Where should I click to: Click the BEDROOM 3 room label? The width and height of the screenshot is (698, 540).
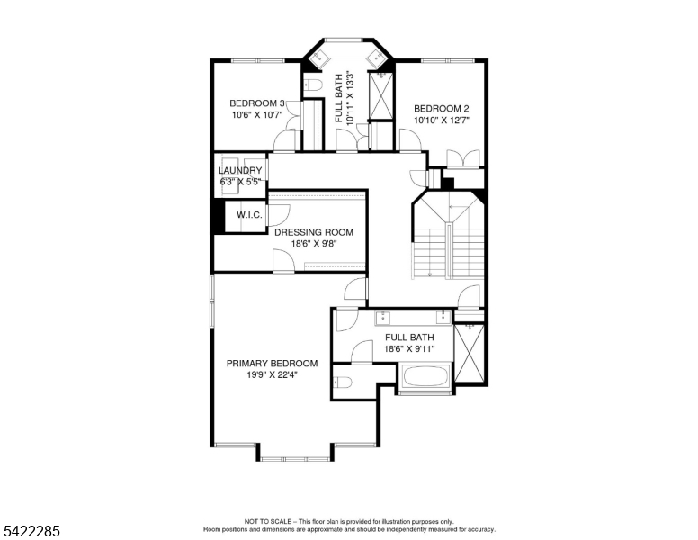click(x=257, y=103)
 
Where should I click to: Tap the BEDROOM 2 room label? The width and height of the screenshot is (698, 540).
click(x=442, y=108)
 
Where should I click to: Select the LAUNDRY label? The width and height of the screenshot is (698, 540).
click(x=240, y=170)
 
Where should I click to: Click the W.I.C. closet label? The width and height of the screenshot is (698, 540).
click(x=249, y=215)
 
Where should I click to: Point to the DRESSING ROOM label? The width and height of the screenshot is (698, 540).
click(x=314, y=232)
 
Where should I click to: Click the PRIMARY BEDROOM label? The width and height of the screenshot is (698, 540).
click(x=272, y=364)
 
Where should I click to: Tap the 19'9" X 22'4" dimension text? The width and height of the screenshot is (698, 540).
click(x=272, y=375)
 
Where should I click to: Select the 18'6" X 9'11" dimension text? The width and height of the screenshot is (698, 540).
click(x=409, y=349)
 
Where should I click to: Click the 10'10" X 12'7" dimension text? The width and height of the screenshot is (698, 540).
click(x=442, y=120)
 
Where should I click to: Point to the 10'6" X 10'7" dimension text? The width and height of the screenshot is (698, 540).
click(x=257, y=115)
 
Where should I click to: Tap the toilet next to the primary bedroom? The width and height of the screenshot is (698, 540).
click(x=340, y=382)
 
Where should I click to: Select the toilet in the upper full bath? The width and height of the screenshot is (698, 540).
click(x=313, y=85)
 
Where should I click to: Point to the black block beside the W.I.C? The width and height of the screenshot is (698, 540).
click(x=217, y=216)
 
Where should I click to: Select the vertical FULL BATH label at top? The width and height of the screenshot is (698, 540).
click(x=338, y=97)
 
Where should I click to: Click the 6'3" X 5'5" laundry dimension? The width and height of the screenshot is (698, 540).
click(x=240, y=182)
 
